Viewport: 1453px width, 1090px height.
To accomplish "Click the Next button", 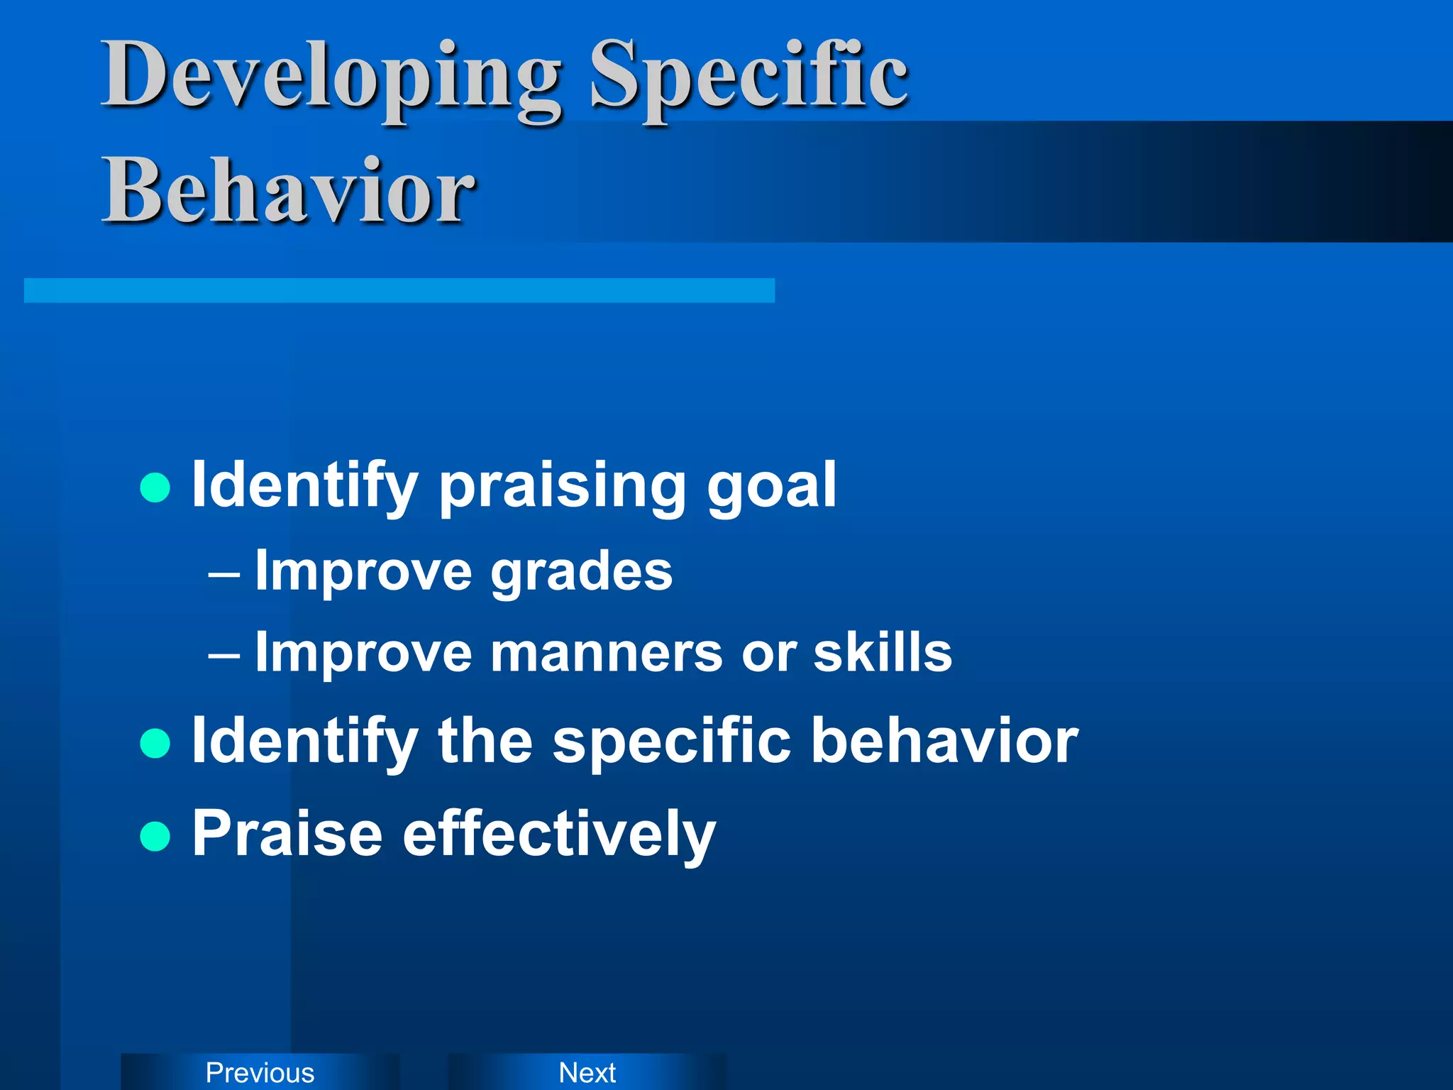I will click(x=587, y=1072).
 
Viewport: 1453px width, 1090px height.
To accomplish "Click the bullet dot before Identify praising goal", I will click(x=155, y=488).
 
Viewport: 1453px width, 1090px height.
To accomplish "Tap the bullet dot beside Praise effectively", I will click(x=155, y=836).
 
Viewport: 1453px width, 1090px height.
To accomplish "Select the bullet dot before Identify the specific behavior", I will click(x=155, y=744).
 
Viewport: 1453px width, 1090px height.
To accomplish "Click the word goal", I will click(x=771, y=487).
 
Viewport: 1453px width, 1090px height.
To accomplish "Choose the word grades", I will click(x=581, y=572).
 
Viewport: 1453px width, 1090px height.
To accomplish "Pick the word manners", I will click(x=607, y=653).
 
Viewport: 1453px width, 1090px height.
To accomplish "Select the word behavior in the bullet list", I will click(x=944, y=741).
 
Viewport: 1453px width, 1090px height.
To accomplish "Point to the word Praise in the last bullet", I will click(x=287, y=834).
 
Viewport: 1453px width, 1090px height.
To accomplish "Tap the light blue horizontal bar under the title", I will click(x=399, y=290).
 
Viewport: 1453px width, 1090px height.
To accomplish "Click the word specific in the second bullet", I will click(x=671, y=742).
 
